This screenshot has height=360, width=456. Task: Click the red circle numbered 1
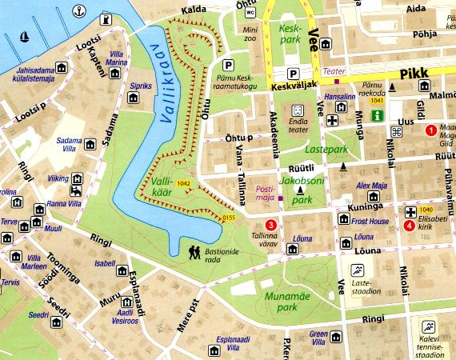coord(430,130)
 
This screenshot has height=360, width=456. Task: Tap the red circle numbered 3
coord(271,226)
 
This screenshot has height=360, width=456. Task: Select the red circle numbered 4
coord(410,226)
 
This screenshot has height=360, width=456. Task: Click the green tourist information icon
coord(394,115)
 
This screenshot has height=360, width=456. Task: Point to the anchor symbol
coord(79,10)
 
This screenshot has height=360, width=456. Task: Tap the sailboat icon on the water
coord(24,37)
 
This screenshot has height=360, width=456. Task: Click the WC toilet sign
coord(250,13)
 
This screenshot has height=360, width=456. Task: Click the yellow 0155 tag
coord(229,217)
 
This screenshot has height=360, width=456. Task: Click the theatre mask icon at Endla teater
coord(298,109)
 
